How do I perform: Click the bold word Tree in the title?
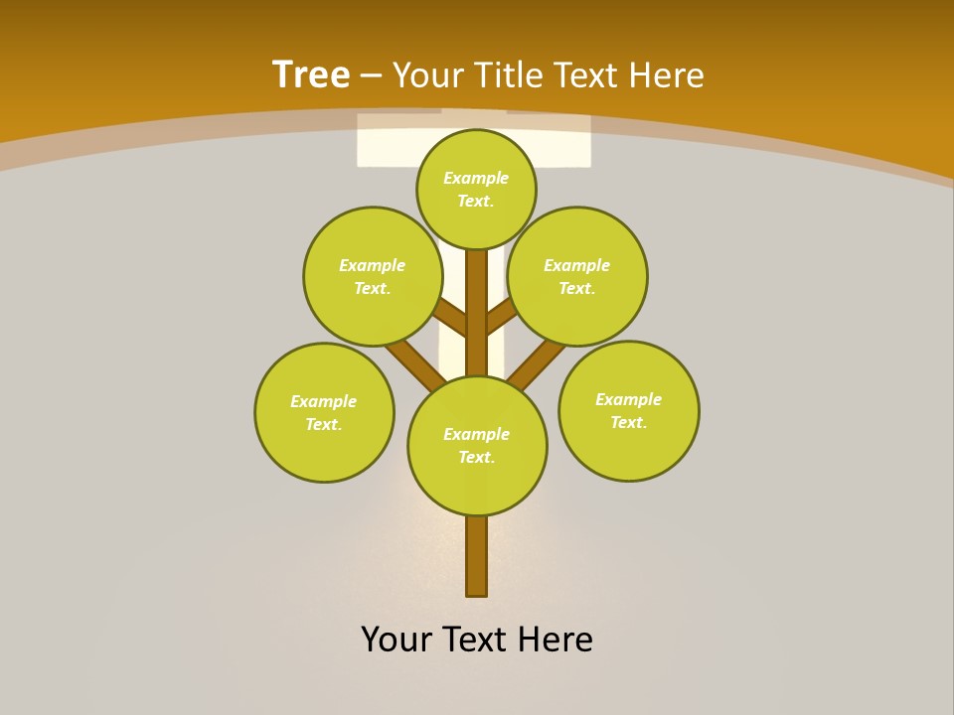pos(311,74)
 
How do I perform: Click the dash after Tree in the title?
pos(371,76)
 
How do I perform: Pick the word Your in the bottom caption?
pos(397,640)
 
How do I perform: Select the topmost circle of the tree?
pos(476,189)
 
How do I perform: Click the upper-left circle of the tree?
pos(373,276)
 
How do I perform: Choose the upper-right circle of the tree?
pos(577,276)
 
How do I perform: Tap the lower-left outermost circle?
pos(324,412)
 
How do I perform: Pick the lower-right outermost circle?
pos(628,410)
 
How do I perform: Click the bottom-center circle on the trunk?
pos(477,446)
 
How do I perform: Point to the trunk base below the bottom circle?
pos(476,556)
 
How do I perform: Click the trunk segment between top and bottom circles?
pos(476,313)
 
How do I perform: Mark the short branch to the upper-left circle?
pos(451,319)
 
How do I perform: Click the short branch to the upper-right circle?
pos(500,317)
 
